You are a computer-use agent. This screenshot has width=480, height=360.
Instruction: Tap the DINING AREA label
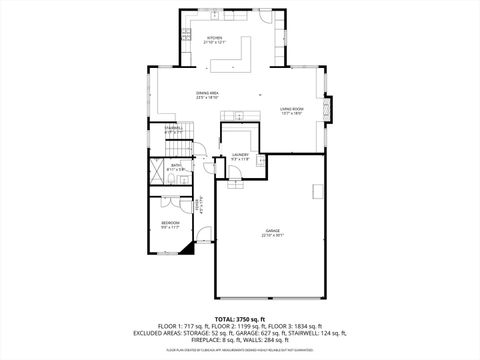tap(208, 95)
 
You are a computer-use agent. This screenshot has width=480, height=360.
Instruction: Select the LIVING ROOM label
tap(292, 110)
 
